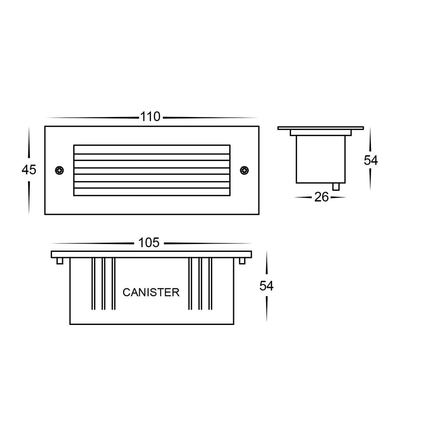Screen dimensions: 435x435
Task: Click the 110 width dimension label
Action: pos(150,117)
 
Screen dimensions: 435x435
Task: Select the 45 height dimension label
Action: pos(29,170)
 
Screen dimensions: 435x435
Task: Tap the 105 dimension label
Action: pos(149,243)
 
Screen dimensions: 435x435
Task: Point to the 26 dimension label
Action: pos(321,197)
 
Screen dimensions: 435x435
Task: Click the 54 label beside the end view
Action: pos(371,161)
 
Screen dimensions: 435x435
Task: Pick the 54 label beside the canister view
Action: pos(266,286)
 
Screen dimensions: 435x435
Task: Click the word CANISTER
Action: pos(151,292)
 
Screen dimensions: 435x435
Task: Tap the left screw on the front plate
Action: pos(60,170)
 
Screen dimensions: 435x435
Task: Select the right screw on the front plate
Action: pos(244,170)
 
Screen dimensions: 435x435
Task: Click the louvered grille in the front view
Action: pos(152,170)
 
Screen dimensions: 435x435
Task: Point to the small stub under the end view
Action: pos(336,186)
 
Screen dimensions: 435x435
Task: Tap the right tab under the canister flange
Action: pos(243,261)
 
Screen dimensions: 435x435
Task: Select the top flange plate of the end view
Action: pos(320,128)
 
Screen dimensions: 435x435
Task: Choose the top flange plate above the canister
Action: pos(151,254)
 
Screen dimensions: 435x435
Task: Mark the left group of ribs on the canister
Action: pos(103,284)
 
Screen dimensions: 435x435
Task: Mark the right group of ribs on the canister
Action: pos(200,284)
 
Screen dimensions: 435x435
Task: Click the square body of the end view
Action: pos(321,159)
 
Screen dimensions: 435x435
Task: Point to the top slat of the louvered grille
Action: pos(152,149)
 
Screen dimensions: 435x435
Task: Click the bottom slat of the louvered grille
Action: pos(152,191)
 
